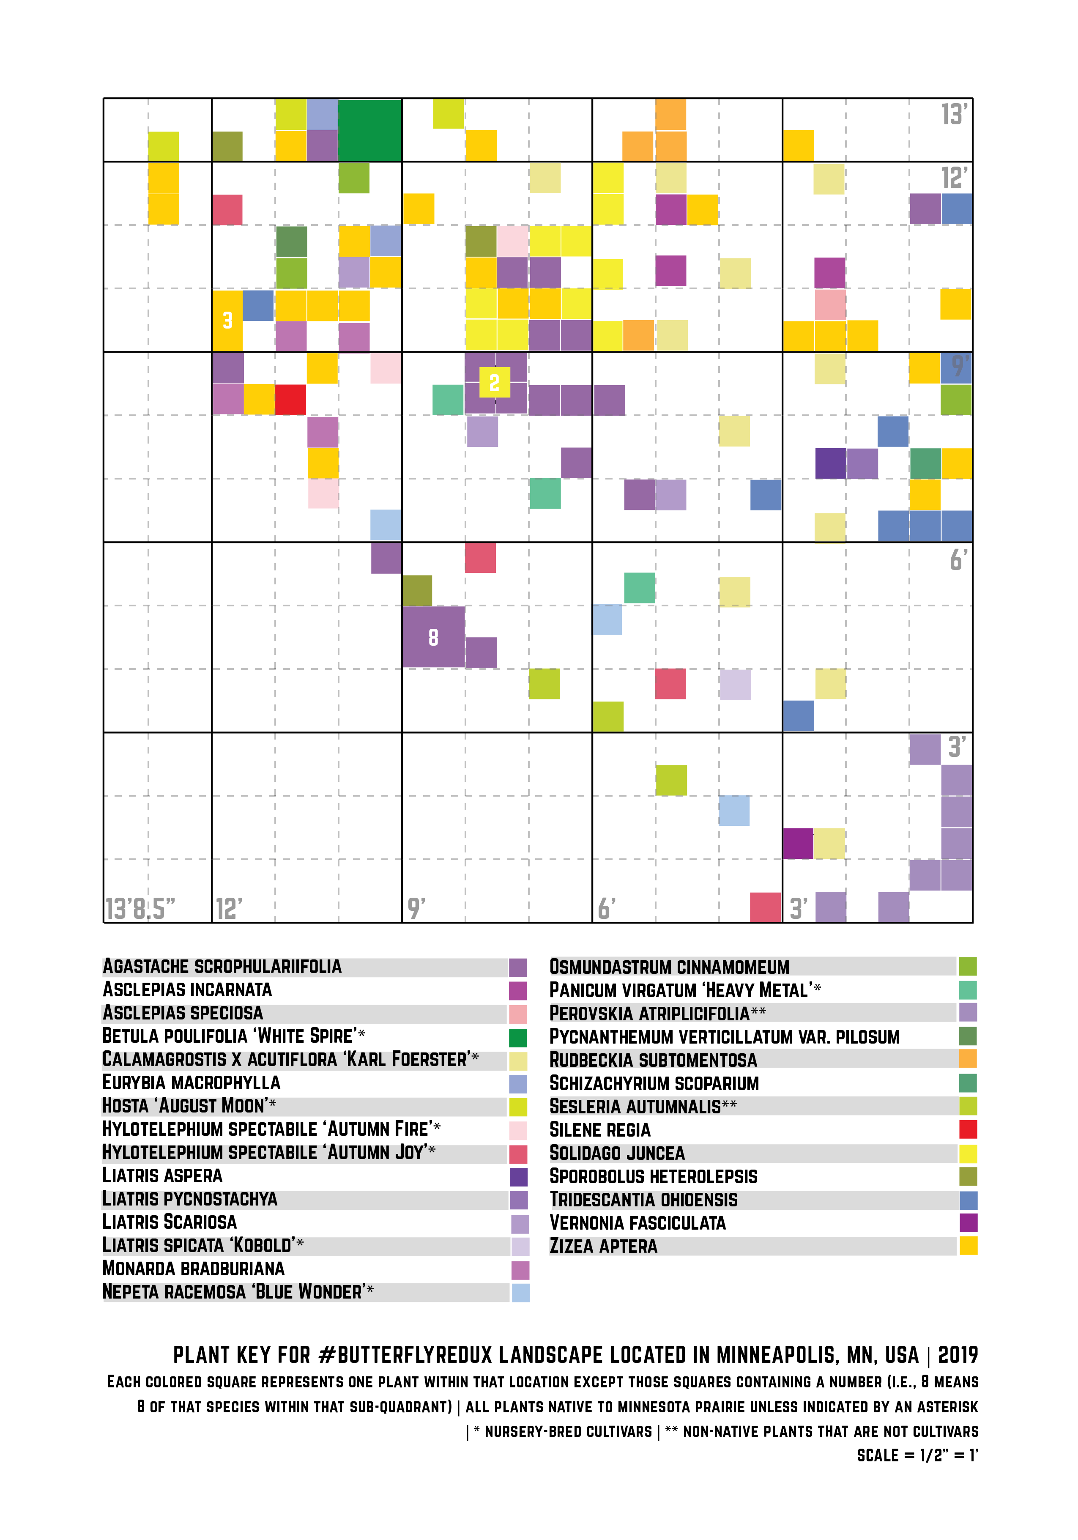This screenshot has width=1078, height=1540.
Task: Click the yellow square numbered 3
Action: pos(227,321)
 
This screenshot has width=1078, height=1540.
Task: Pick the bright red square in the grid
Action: pos(290,400)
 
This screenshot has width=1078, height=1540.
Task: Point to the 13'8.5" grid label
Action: pos(140,909)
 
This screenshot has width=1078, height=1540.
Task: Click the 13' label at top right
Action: pos(953,115)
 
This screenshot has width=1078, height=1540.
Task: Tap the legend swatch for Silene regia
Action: pos(967,1129)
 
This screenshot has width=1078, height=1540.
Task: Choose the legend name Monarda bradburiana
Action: pos(194,1269)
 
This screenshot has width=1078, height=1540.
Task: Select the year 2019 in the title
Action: pos(958,1355)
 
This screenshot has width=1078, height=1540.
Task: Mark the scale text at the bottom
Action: pos(917,1455)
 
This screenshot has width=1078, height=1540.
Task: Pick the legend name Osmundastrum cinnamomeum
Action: pos(669,967)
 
